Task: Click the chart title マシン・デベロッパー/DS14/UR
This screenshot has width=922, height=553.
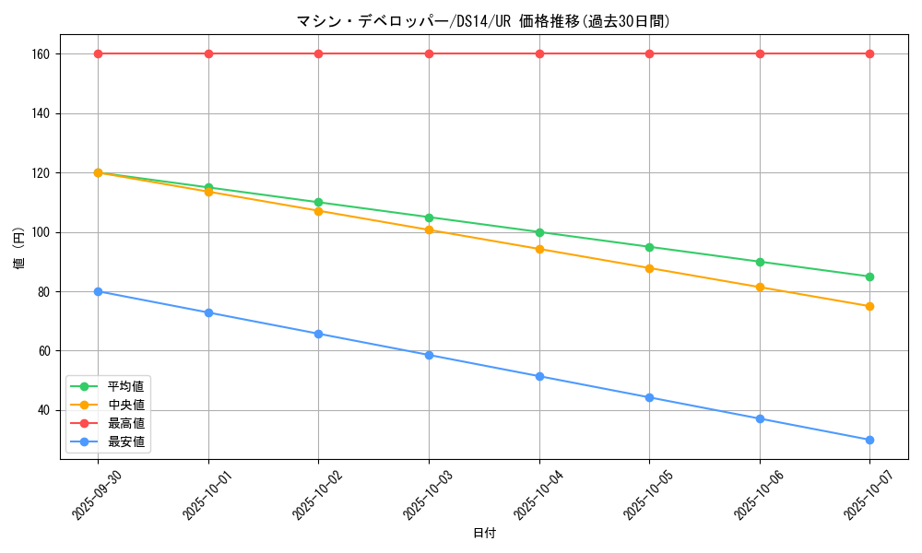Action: tap(483, 21)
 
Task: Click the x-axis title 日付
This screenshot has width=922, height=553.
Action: tap(484, 534)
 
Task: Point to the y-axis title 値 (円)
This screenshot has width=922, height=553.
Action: tap(18, 248)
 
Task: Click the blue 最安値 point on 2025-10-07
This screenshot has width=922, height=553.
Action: tap(869, 440)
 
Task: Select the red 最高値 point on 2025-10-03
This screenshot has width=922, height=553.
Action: tap(429, 53)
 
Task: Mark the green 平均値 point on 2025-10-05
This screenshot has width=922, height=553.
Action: tap(649, 247)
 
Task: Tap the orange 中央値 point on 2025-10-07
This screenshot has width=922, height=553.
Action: tap(869, 306)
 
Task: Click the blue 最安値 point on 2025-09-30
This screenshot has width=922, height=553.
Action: tap(98, 291)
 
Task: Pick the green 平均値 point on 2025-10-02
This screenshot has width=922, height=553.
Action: tap(318, 202)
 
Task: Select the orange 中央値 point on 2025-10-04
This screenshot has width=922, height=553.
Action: tap(539, 249)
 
